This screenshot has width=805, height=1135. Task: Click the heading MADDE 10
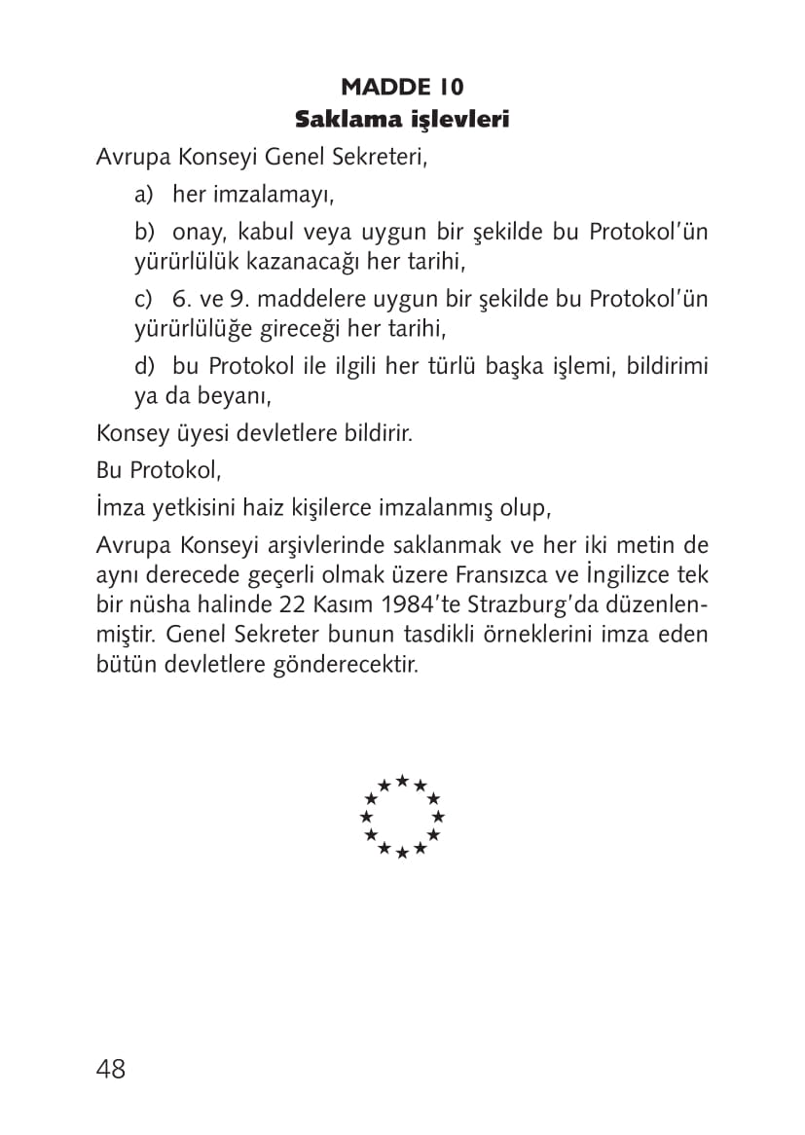click(x=402, y=86)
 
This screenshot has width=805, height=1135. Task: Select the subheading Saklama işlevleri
click(x=402, y=120)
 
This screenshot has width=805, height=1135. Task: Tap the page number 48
click(x=111, y=1069)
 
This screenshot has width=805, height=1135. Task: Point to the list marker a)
click(x=145, y=195)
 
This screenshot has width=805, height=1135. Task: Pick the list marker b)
click(x=145, y=233)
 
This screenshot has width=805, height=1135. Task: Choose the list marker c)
click(x=145, y=299)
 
